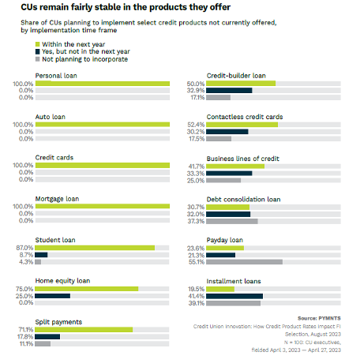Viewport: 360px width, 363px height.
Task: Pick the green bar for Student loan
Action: click(95, 248)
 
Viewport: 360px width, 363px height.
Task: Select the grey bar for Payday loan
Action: click(245, 261)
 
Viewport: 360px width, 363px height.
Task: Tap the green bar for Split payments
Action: click(84, 330)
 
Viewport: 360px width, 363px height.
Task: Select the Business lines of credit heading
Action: click(243, 157)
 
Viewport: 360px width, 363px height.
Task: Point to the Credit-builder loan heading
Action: click(234, 75)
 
